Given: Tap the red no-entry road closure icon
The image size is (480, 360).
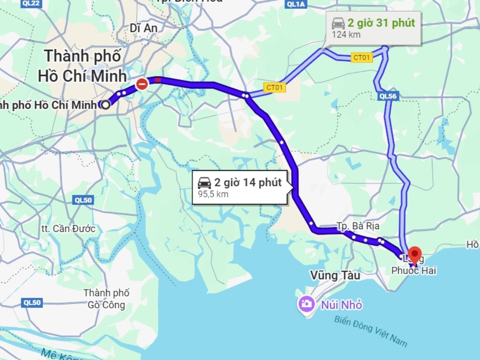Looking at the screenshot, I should coord(142,84).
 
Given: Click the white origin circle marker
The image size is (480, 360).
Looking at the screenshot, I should coord(106,105).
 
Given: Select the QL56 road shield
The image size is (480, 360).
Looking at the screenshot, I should coord(388,96).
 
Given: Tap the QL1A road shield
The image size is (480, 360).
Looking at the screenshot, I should coord(296,4).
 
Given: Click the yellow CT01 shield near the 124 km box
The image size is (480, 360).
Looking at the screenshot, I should coord(362,58).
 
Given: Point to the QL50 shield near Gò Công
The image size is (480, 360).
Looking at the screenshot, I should coord(32,303).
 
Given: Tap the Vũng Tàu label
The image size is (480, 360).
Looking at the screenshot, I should coord(329,276).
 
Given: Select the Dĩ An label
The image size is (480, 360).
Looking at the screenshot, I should coord(144,28).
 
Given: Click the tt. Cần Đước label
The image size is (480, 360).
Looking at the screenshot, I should coord(68,229).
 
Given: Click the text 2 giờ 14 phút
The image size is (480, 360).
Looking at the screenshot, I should coord(248,183).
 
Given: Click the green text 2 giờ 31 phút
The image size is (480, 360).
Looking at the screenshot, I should coord(381,23).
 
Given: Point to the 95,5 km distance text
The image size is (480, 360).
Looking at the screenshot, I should coord(213,194).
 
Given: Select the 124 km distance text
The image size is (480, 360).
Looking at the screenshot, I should coord(346,34).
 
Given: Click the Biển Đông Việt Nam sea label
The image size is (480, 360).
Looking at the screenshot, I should coord(370,331).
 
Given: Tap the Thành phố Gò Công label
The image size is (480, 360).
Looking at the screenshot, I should coord(106,299).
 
